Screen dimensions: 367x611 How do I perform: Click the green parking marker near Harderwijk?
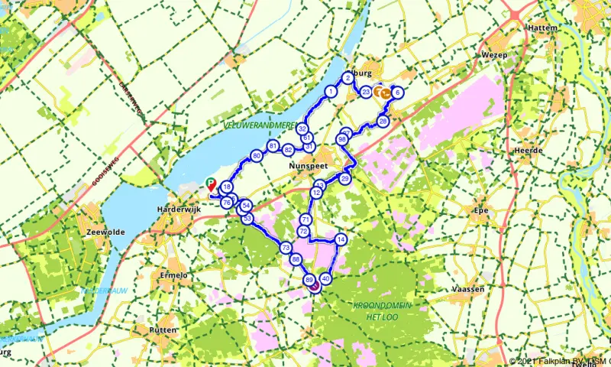211,183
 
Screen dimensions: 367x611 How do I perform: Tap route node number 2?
348,78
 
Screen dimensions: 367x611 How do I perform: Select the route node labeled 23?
367,93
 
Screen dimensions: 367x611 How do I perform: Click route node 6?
398,93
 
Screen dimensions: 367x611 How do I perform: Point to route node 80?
257,156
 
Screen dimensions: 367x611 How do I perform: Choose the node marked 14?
341,239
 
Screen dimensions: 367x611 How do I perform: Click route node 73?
285,248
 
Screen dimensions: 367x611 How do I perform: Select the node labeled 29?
344,178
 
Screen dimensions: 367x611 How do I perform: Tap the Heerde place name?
529,151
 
